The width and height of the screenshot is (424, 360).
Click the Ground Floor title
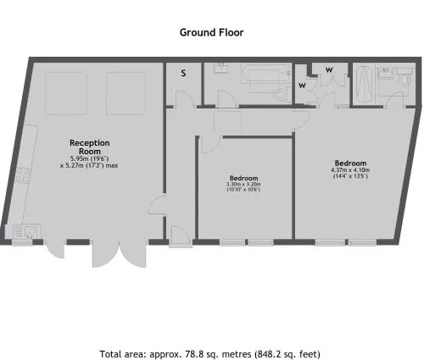coord(211,32)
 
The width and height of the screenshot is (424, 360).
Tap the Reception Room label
coord(90,147)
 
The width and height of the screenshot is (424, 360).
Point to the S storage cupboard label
coord(183,73)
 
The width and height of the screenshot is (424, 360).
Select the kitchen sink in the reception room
coord(27,231)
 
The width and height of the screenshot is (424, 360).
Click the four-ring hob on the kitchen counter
coord(23,174)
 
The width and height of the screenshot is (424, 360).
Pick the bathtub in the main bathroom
coord(265,80)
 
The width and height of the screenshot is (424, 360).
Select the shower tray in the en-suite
coord(364,85)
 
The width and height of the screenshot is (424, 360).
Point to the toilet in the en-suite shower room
coord(405,79)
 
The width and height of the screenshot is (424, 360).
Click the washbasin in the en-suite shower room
coord(386,73)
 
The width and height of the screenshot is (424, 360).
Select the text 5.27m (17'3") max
coord(92,165)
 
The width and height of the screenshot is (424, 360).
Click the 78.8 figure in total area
coord(193,354)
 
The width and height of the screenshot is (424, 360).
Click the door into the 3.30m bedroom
coord(210,145)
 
